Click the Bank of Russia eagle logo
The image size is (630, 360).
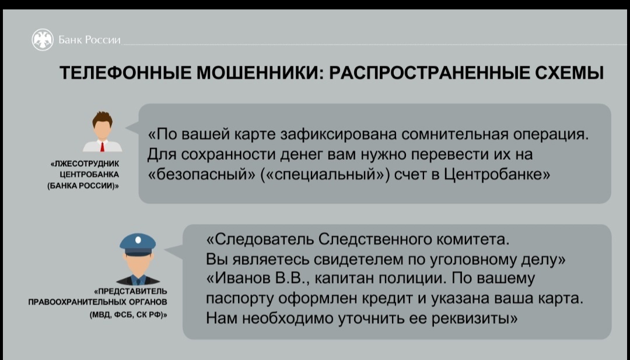point(43,40)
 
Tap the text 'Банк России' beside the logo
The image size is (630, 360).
point(89,40)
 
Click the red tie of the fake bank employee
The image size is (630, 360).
point(103,146)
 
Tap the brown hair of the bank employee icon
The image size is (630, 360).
point(102,118)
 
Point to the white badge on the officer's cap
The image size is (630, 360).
point(138,240)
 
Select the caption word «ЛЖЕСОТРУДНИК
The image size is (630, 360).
point(85,164)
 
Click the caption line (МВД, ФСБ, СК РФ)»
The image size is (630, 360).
point(128,315)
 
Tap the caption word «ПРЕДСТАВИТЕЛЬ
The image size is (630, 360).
point(130,291)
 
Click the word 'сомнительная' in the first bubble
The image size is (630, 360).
point(454,134)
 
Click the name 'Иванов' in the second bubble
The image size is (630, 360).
point(237,278)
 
